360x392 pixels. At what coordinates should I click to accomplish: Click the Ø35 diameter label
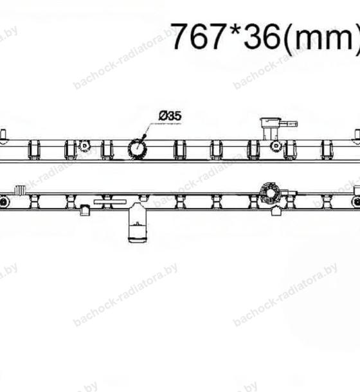(170, 116)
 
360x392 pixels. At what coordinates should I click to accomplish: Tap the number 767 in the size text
(197, 36)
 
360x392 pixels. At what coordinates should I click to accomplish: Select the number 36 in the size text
(262, 37)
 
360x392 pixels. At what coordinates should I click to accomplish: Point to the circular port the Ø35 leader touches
(138, 148)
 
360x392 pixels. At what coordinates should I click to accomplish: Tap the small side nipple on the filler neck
(288, 124)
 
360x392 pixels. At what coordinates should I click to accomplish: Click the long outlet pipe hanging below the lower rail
(137, 223)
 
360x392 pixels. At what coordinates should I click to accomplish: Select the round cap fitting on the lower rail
(269, 193)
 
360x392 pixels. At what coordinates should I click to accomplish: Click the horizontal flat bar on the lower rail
(111, 202)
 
